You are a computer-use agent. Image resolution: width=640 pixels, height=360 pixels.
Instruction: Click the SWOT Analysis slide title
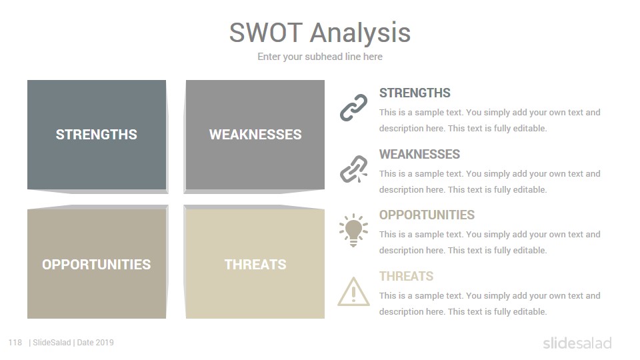319,33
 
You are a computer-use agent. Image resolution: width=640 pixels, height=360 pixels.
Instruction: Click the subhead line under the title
319,57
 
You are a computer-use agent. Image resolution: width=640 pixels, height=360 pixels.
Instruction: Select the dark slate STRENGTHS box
97,135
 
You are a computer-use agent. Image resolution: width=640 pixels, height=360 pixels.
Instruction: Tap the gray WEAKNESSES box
255,135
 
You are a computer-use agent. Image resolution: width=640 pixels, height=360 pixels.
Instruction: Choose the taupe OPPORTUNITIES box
97,264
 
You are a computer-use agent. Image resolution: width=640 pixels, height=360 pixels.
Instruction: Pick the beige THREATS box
255,264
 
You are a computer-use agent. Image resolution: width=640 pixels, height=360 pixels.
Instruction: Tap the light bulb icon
353,230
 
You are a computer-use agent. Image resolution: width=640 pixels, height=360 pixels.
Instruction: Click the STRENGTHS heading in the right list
415,93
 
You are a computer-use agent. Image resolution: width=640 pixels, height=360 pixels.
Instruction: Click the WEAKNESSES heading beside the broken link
419,154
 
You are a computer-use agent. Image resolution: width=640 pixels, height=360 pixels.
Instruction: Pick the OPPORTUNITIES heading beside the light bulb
427,215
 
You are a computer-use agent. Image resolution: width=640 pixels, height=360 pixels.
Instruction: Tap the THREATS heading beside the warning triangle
406,276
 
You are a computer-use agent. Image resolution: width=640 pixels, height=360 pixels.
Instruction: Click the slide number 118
15,343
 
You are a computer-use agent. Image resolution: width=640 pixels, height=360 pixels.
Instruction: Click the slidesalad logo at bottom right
577,343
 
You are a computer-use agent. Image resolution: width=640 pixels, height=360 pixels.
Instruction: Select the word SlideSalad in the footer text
52,343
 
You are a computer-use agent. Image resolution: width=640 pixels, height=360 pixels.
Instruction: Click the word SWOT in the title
266,32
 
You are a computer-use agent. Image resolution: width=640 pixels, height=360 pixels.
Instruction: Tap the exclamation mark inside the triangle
353,294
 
